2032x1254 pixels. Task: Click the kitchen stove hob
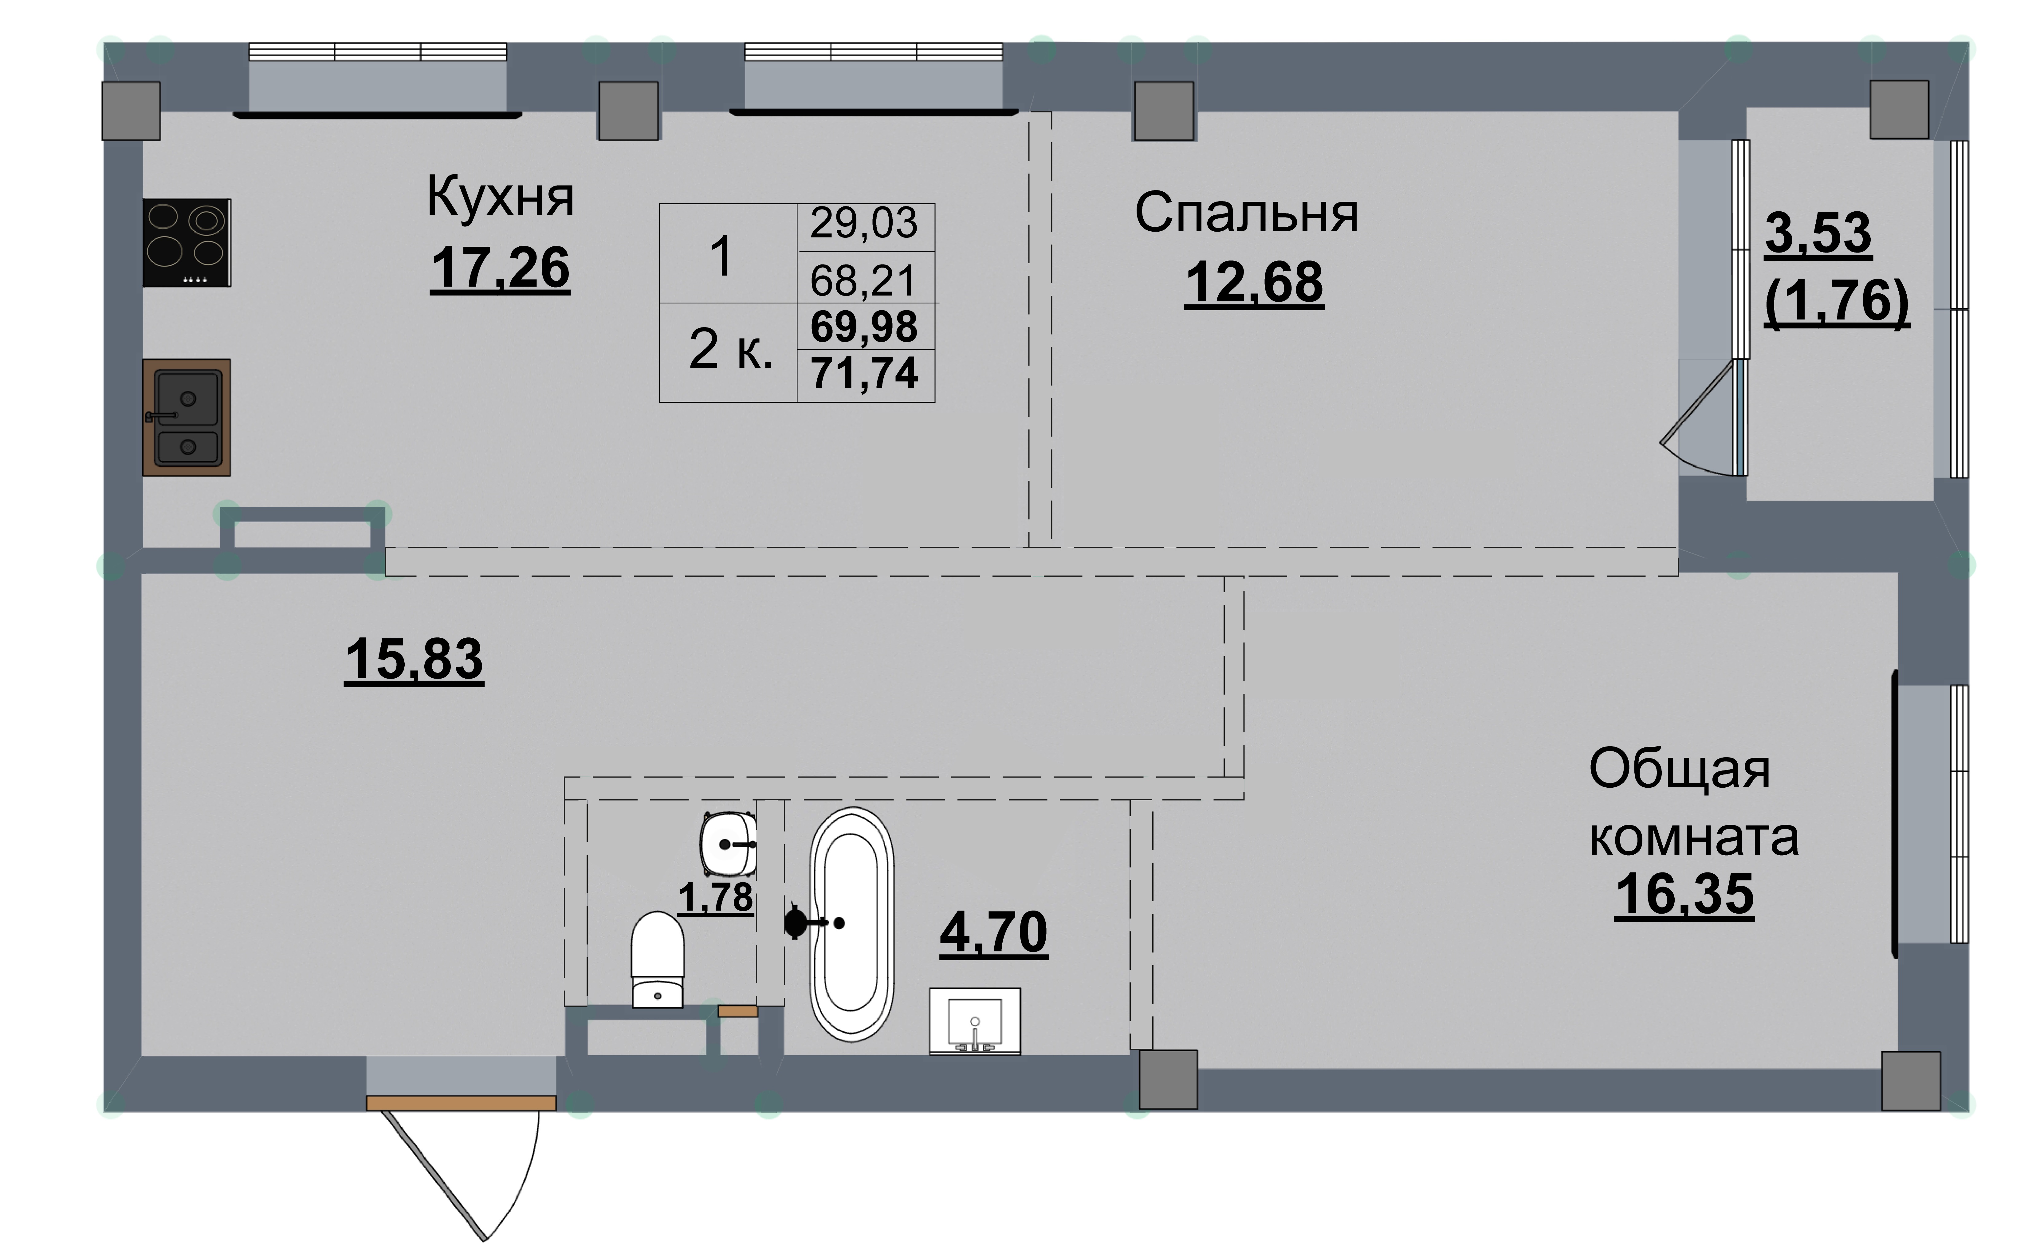point(187,242)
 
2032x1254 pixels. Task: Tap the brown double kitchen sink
point(187,417)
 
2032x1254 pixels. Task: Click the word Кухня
point(500,198)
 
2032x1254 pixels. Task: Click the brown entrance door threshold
point(461,1103)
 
